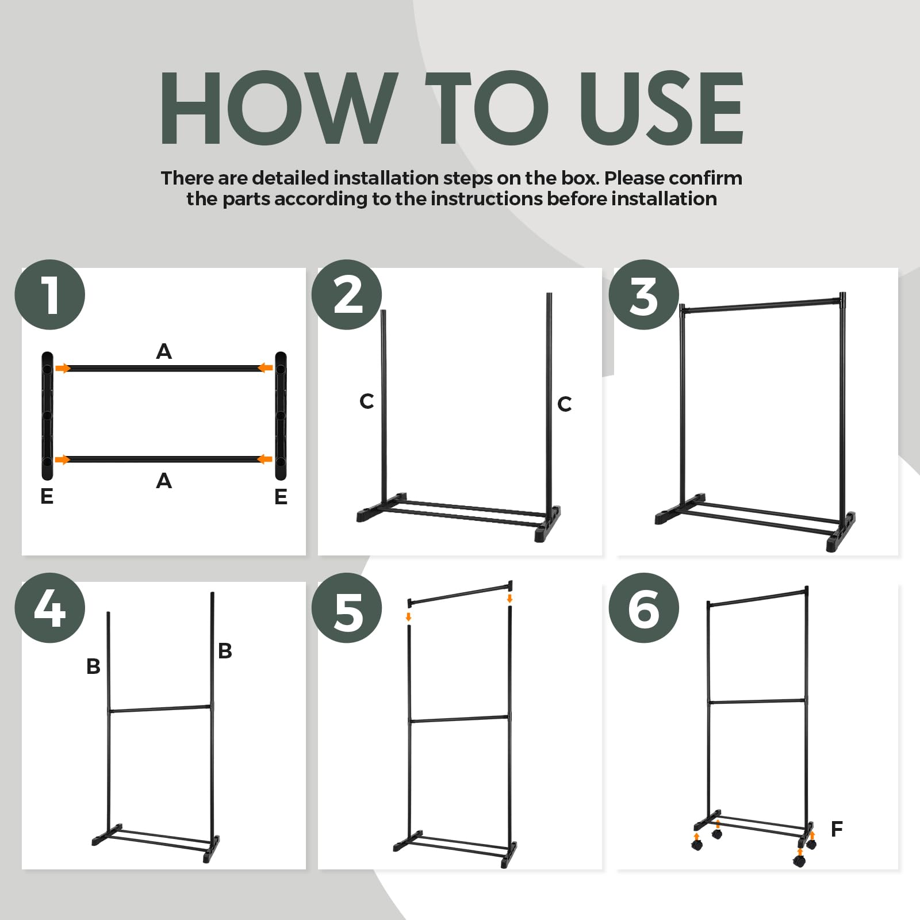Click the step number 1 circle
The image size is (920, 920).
tap(50, 294)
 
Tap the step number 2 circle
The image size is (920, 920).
tap(347, 294)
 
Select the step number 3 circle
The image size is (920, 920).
tap(644, 294)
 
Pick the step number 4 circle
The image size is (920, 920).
tap(50, 608)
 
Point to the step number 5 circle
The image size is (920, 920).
tap(347, 608)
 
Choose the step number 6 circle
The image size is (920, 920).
tap(644, 608)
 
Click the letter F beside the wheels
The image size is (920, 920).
tap(837, 829)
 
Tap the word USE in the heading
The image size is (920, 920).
tap(661, 108)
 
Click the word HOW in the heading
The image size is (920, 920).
tap(279, 108)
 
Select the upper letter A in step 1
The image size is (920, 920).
tap(164, 351)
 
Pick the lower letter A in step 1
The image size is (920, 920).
tap(164, 480)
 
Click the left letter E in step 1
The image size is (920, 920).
tap(47, 496)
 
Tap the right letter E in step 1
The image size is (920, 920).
tap(281, 496)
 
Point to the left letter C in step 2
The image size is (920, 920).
tap(366, 401)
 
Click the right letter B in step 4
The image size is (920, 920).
tap(225, 651)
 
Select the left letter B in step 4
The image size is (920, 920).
tap(93, 666)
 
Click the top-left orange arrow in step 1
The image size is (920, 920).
tap(63, 368)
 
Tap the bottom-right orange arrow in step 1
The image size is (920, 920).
tap(264, 459)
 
